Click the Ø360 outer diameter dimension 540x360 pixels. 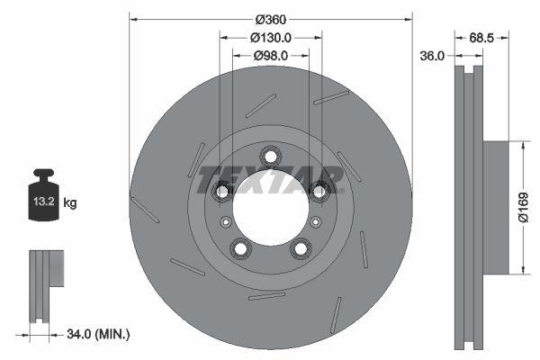coord(270,20)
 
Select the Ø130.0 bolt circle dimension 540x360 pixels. coord(270,38)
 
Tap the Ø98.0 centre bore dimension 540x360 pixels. coord(270,56)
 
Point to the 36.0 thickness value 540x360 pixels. coord(433,56)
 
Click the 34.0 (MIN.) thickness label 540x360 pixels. coord(98,335)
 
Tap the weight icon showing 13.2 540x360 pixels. coord(43,199)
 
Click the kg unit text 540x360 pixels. coord(70,203)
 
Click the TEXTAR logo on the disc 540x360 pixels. coord(271,179)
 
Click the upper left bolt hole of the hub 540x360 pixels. coord(223,191)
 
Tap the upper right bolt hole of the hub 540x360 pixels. coord(318,190)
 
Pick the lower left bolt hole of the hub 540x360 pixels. coord(240,247)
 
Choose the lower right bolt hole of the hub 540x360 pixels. coord(300,247)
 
